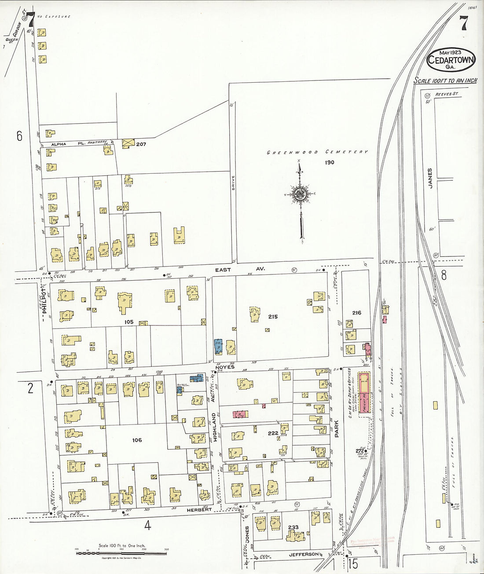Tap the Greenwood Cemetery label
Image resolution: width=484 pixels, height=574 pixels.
pos(317,152)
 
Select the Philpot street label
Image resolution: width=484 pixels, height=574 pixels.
pos(44,297)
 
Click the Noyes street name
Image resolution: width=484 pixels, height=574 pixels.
pos(225,367)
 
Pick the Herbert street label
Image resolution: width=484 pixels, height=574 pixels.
pos(199,510)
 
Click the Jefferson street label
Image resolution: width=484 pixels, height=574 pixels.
pos(304,555)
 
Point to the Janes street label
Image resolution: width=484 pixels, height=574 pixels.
pos(430,178)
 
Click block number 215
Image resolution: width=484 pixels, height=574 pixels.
pos(273,317)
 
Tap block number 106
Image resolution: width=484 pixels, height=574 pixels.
pos(137,440)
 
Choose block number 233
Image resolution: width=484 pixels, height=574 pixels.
pos(293,527)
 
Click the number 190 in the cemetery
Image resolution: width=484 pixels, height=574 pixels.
pos(330,162)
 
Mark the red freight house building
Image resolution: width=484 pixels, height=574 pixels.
pos(364,393)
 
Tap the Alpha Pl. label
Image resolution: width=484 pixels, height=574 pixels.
pos(59,144)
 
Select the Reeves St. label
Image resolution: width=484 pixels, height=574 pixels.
pos(446,95)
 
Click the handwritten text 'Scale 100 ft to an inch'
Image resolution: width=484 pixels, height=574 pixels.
pos(445,80)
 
